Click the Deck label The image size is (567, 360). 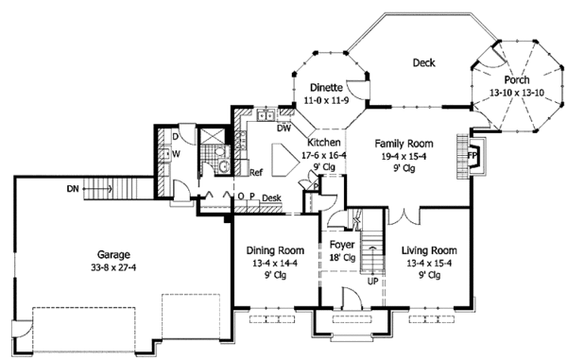tap(423, 63)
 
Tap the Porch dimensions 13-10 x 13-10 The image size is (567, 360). tap(517, 93)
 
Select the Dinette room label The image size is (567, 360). tap(326, 88)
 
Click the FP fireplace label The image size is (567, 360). tap(472, 155)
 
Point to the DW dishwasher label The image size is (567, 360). tap(283, 129)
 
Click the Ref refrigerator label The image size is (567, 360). tap(256, 172)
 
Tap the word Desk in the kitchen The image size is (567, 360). tap(271, 198)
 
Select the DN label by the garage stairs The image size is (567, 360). tap(73, 189)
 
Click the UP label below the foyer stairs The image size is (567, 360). tap(372, 281)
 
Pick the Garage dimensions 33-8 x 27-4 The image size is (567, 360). tap(113, 267)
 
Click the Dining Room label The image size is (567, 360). tap(275, 250)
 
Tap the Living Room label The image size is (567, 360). tap(429, 250)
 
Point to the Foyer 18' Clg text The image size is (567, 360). tap(342, 251)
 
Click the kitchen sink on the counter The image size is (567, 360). tap(266, 115)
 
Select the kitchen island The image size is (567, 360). tap(285, 160)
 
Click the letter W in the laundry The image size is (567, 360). tap(176, 154)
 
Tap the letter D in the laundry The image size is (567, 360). tap(176, 137)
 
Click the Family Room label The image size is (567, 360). tap(404, 144)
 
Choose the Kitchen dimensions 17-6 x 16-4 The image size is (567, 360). tap(324, 155)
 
